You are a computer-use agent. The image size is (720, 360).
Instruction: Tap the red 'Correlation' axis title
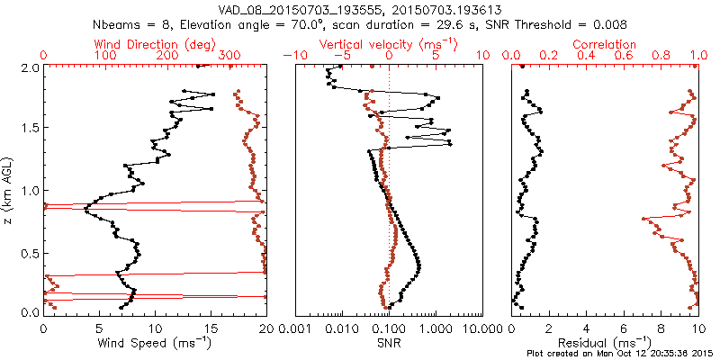click(x=604, y=44)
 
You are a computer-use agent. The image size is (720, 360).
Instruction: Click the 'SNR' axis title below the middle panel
click(x=389, y=343)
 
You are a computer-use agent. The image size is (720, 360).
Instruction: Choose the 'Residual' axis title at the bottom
click(x=603, y=343)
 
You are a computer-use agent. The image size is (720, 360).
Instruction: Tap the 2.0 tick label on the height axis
click(x=29, y=67)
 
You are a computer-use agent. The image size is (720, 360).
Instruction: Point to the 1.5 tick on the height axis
click(x=29, y=129)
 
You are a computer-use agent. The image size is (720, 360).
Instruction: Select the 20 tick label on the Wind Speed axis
click(x=265, y=328)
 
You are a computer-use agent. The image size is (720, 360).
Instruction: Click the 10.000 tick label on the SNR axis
click(x=481, y=328)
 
